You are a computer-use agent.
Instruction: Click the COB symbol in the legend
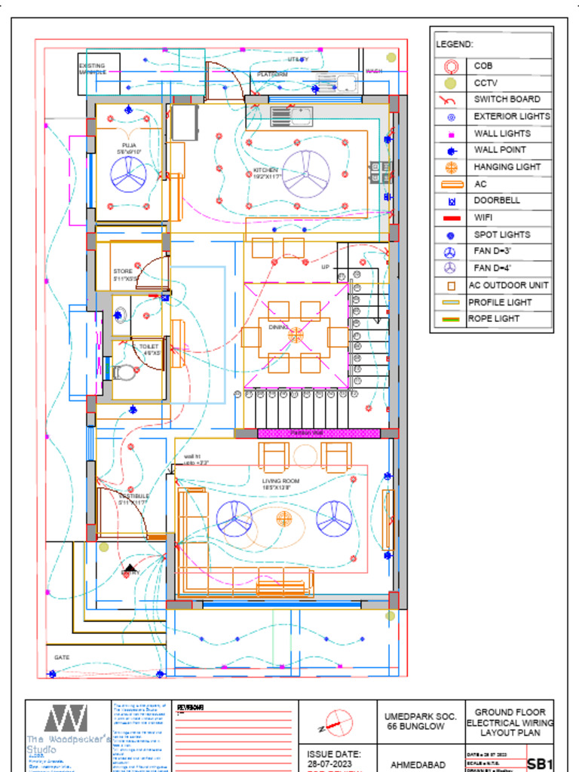click(450, 66)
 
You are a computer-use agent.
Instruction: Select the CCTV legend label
click(486, 83)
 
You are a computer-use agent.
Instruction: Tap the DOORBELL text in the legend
click(496, 201)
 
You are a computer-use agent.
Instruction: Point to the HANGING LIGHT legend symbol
click(450, 167)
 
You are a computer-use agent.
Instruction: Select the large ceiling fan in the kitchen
click(306, 173)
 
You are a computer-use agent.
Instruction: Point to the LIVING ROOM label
click(280, 484)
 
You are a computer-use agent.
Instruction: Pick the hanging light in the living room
click(284, 517)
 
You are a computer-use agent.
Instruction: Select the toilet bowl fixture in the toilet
click(125, 372)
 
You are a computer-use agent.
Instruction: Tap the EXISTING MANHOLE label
click(92, 69)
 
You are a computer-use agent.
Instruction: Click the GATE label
click(62, 657)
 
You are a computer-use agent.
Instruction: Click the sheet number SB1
click(540, 764)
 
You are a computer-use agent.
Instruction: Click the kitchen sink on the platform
click(292, 116)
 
